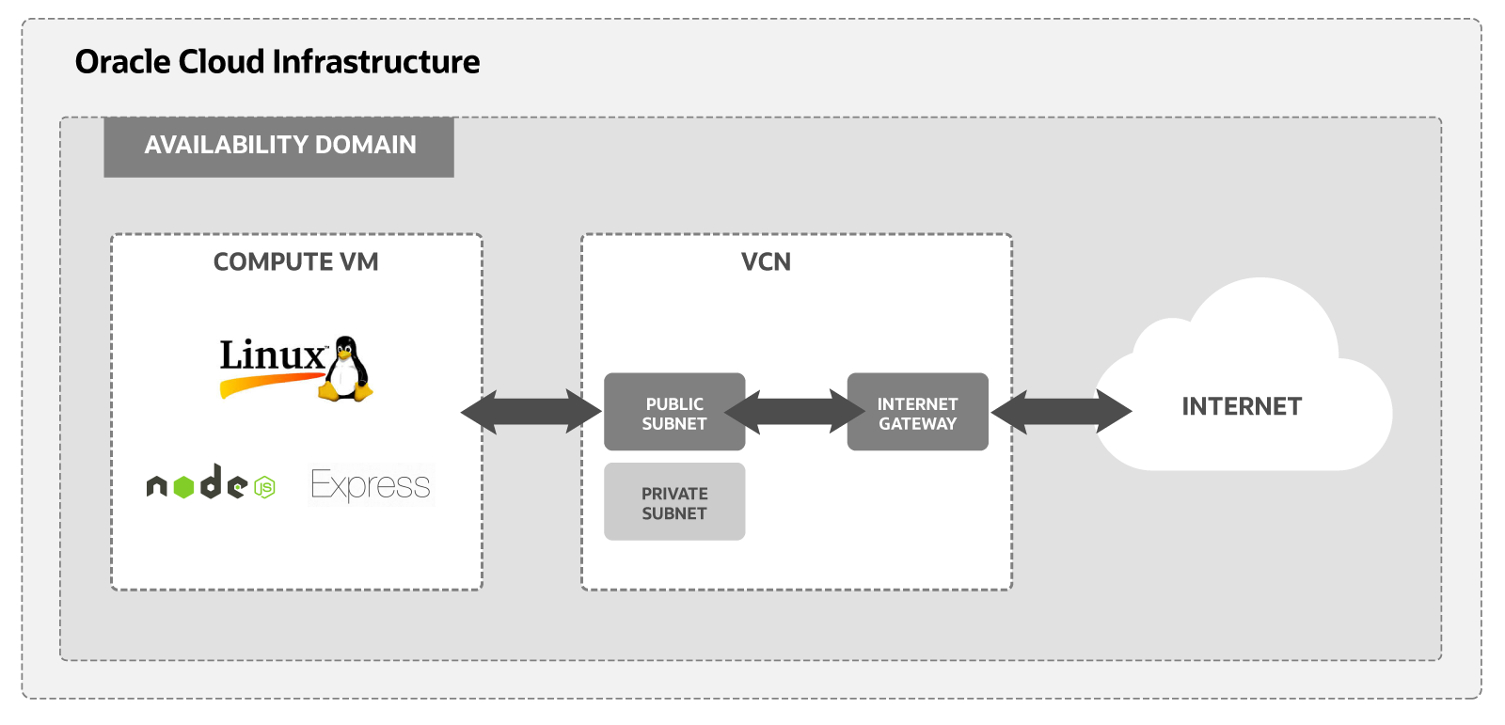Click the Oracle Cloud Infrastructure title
tap(277, 62)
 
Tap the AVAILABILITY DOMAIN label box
tap(278, 147)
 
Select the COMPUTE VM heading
tap(295, 262)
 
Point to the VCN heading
tap(766, 262)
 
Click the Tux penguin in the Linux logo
tap(346, 370)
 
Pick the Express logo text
tap(371, 485)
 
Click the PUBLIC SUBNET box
tap(674, 413)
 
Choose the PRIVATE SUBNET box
tap(674, 502)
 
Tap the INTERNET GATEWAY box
tap(917, 413)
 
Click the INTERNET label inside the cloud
tap(1242, 406)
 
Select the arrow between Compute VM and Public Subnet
tap(531, 412)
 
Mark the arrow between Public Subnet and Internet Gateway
tap(796, 412)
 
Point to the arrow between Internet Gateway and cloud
tap(1061, 412)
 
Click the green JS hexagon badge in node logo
tap(265, 487)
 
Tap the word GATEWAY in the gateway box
tap(917, 424)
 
